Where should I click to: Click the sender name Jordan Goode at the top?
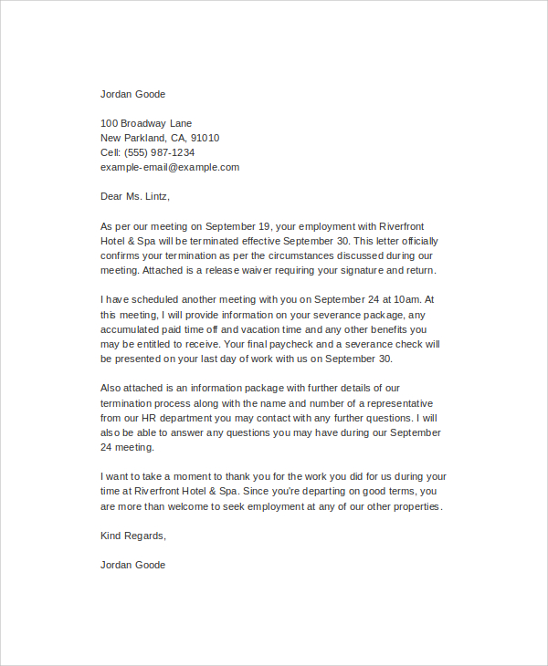click(132, 94)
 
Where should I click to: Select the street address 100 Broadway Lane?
click(146, 123)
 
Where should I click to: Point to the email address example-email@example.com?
click(170, 167)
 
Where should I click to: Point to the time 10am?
click(406, 299)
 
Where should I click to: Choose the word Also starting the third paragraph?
click(112, 388)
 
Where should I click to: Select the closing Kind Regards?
click(133, 536)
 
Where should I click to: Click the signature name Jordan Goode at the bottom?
click(132, 565)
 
